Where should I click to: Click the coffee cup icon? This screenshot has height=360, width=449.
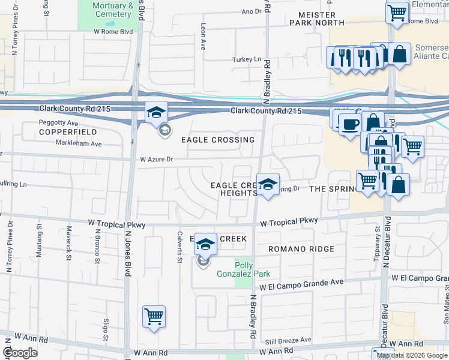pos(351,125)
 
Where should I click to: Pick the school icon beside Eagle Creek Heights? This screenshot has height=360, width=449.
pos(268,184)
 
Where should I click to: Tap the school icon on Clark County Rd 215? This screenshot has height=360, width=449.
pos(155,112)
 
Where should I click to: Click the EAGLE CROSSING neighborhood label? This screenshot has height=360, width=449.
pos(218,140)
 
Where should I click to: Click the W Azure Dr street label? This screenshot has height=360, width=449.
pos(156,160)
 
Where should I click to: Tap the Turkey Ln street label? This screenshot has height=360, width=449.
pos(247,59)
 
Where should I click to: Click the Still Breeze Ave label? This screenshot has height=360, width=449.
pos(290,340)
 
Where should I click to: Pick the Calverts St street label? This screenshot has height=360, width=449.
pos(179,247)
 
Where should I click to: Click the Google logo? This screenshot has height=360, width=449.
pos(20,353)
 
